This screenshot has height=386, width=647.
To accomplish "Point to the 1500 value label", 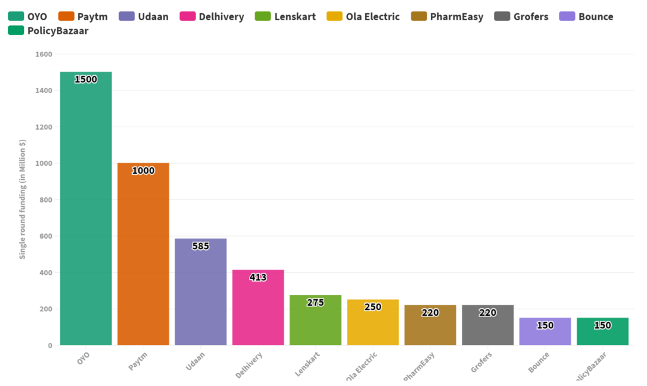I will coord(85,80).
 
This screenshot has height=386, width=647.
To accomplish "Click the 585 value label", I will coord(200,246).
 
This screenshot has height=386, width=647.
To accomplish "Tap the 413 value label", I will coord(258,277).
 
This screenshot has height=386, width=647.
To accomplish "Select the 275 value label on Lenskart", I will coord(315,302).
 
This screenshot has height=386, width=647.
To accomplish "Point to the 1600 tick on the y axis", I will coord(44,54).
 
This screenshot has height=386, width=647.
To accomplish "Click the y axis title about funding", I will coord(23,199).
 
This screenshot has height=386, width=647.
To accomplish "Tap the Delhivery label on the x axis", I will coord(249,364).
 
